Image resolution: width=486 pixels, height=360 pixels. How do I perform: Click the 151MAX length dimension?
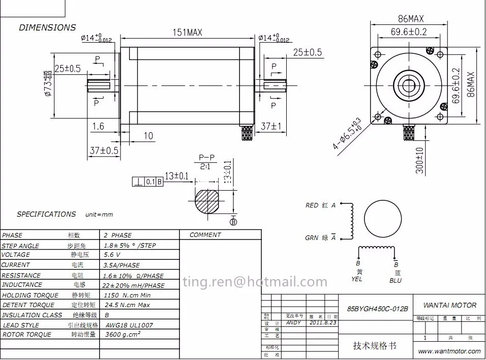click(188, 33)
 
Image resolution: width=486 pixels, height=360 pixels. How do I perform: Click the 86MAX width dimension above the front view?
click(410, 19)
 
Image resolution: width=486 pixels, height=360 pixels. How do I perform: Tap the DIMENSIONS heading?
click(47, 27)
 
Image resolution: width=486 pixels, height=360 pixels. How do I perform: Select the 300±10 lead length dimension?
click(419, 161)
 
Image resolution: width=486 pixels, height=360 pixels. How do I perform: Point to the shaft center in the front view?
click(409, 85)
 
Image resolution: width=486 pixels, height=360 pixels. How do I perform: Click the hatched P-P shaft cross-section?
click(208, 202)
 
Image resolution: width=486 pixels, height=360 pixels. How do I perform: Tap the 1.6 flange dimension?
click(98, 126)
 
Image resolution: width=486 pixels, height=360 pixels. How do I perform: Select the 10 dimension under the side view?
click(148, 136)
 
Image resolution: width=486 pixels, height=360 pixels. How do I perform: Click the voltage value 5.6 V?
click(112, 255)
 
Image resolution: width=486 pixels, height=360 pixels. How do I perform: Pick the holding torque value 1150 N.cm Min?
click(128, 295)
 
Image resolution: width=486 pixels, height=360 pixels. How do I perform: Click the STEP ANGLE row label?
click(20, 246)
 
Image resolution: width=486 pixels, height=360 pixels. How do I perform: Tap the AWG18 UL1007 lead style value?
click(129, 325)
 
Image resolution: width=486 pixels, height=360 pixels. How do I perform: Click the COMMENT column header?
click(205, 235)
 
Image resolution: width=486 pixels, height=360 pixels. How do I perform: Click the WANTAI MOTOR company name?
click(450, 305)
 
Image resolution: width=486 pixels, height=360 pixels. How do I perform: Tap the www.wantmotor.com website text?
click(449, 351)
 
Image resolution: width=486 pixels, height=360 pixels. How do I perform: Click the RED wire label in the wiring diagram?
click(312, 205)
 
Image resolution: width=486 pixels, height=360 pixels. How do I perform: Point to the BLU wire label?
click(396, 280)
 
